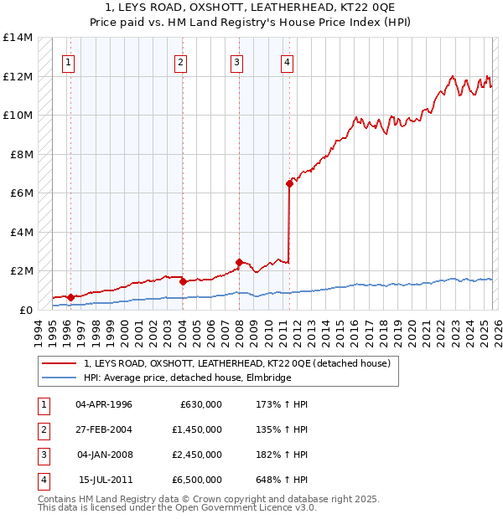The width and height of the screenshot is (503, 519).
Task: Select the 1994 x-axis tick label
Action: [39, 326]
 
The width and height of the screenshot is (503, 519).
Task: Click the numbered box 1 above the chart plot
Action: [68, 61]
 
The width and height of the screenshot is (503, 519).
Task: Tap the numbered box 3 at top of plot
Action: [237, 61]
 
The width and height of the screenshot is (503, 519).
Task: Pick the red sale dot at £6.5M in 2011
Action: [289, 183]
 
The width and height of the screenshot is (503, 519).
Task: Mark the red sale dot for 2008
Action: [239, 262]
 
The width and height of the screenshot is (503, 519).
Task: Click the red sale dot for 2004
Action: [183, 281]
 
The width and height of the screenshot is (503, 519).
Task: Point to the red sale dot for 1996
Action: [70, 297]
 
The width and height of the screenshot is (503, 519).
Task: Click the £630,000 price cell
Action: [201, 404]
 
